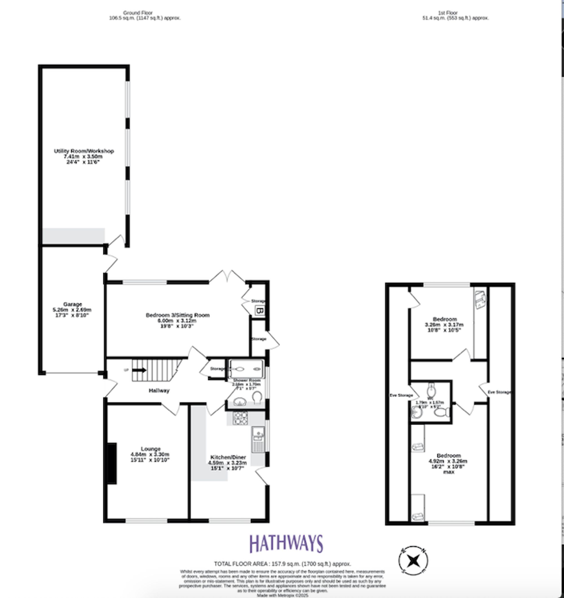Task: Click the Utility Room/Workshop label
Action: point(84,151)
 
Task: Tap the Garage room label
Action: point(72,304)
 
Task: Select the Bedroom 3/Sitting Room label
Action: point(177,315)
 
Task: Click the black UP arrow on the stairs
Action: point(139,370)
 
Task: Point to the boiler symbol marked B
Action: point(260,310)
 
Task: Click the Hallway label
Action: point(159,391)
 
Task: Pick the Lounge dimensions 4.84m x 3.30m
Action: point(150,455)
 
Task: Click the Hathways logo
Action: point(286,544)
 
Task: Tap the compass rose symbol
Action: point(413,561)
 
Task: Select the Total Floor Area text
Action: point(282,564)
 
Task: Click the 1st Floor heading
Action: point(448,13)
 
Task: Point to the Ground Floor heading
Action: point(138,13)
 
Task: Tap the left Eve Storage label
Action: point(401,395)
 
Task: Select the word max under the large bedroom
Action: point(449,472)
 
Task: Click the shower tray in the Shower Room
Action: point(246,369)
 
